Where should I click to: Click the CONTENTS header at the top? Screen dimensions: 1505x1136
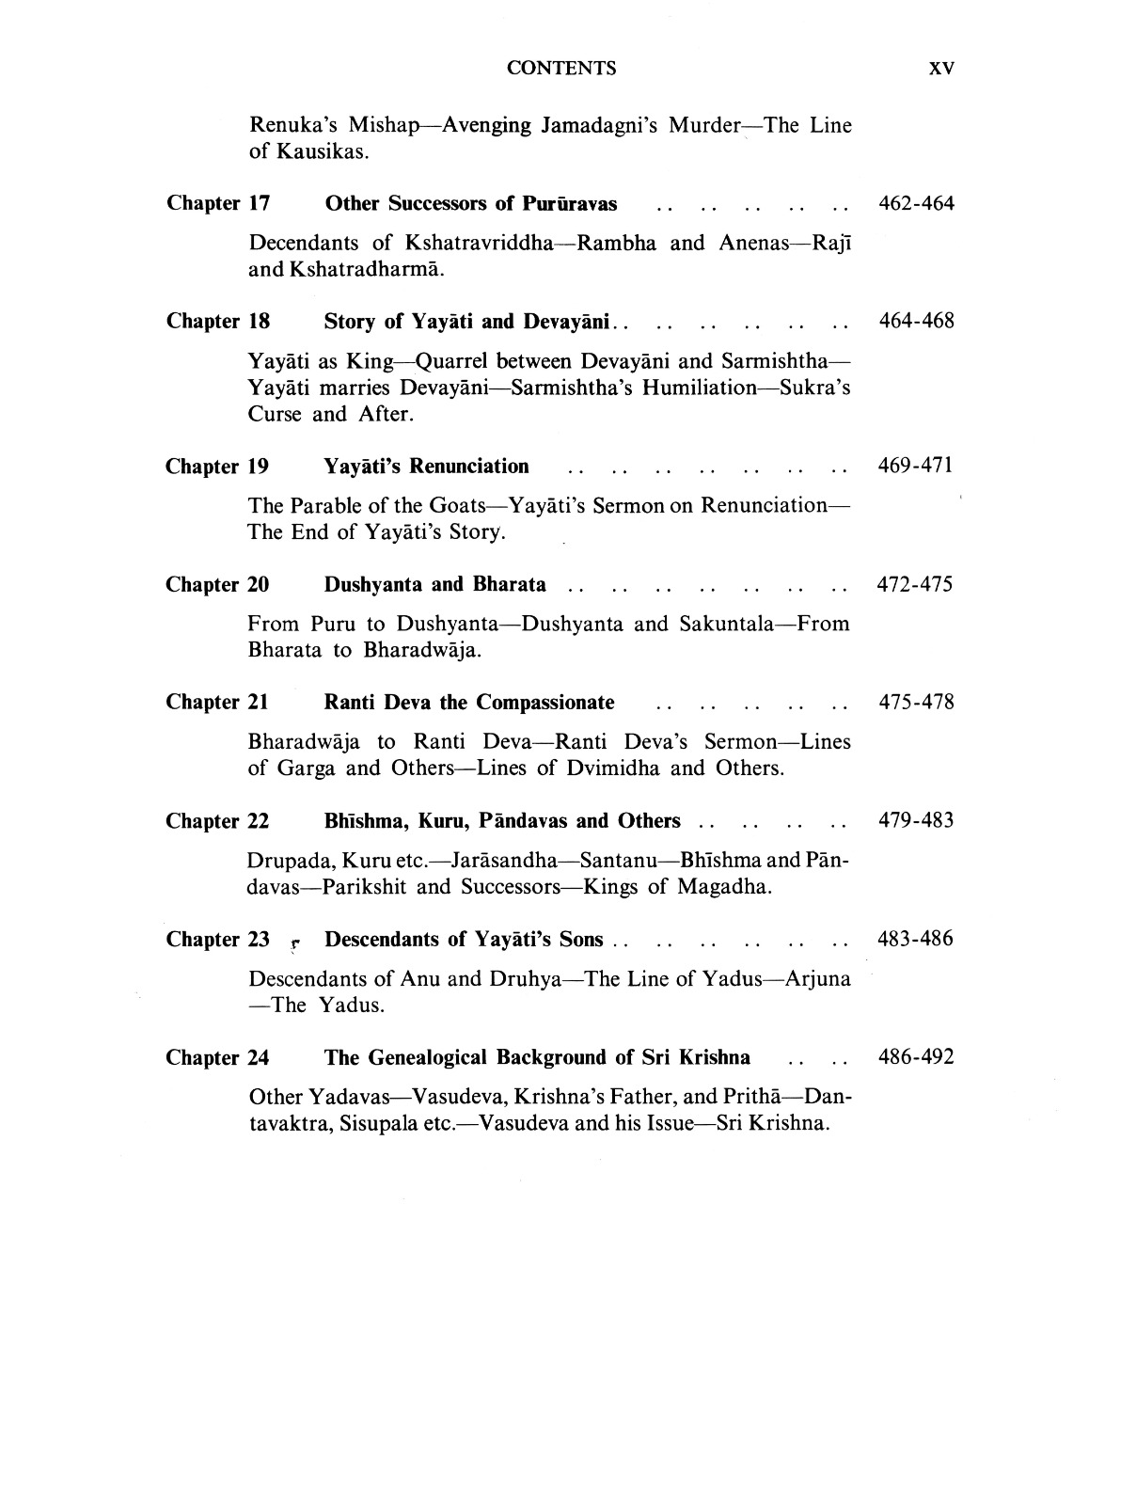pyautogui.click(x=561, y=68)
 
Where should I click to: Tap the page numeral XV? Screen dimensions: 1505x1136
pyautogui.click(x=940, y=68)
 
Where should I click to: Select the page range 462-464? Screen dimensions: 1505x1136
pyautogui.click(x=915, y=203)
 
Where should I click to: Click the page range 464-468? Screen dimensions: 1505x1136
pyautogui.click(x=916, y=321)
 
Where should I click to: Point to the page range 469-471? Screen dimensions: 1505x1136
pyautogui.click(x=915, y=467)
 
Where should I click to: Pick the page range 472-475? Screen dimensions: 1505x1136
pyautogui.click(x=914, y=584)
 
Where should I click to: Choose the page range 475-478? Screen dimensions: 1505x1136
pyautogui.click(x=916, y=702)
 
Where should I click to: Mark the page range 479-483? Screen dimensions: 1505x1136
pyautogui.click(x=916, y=820)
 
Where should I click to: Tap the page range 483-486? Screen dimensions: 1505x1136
pyautogui.click(x=915, y=939)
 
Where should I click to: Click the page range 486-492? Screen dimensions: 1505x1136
pyautogui.click(x=916, y=1057)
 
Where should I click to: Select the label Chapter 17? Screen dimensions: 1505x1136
pyautogui.click(x=218, y=203)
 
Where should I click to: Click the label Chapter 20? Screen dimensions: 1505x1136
pyautogui.click(x=217, y=584)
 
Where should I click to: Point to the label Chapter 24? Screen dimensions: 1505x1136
pyautogui.click(x=217, y=1057)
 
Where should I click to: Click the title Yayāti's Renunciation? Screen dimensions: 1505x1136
pyautogui.click(x=426, y=467)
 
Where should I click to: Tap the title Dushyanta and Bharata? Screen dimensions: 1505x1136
pyautogui.click(x=434, y=584)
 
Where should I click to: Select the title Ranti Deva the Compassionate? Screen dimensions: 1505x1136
pyautogui.click(x=468, y=702)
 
